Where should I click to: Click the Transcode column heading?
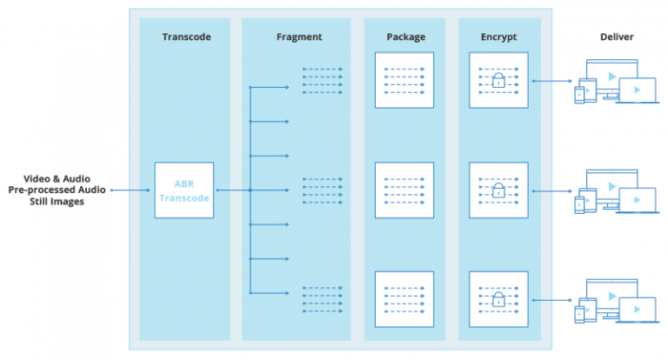pos(187,37)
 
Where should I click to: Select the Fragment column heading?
pos(299,37)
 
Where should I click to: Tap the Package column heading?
pos(405,37)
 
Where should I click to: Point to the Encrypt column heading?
pos(498,37)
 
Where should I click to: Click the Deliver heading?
pos(617,37)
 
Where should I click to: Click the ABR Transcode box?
pos(184,190)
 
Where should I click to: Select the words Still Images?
pos(57,202)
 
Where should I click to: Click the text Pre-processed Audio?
pos(57,190)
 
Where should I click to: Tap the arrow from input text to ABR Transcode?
pos(130,190)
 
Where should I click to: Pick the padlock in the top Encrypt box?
pos(498,81)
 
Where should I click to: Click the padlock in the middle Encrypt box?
pos(498,190)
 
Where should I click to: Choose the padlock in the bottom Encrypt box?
pos(498,299)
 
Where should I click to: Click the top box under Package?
pos(404,80)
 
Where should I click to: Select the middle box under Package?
pos(404,190)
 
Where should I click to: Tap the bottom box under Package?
pos(404,299)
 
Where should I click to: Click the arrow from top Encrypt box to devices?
pos(552,81)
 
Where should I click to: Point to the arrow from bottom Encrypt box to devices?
pos(552,300)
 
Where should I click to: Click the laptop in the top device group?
pos(638,90)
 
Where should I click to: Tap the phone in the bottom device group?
pos(579,315)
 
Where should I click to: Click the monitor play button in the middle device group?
pos(612,186)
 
